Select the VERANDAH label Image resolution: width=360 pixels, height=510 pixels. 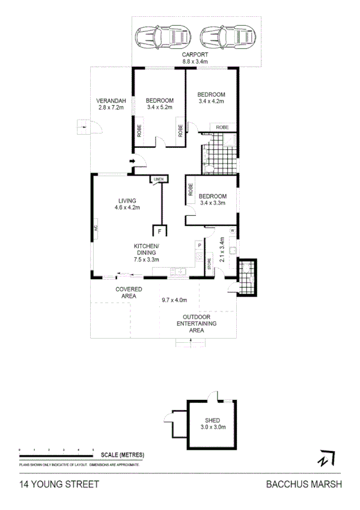pyautogui.click(x=111, y=100)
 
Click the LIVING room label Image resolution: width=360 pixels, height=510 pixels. pyautogui.click(x=127, y=201)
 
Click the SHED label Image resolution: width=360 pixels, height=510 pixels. pyautogui.click(x=212, y=420)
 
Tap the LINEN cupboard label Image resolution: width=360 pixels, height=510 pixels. pyautogui.click(x=159, y=180)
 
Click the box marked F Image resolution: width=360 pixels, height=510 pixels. pyautogui.click(x=160, y=231)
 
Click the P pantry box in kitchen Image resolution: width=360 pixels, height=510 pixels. pyautogui.click(x=198, y=245)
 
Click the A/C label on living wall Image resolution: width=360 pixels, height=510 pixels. pyautogui.click(x=95, y=229)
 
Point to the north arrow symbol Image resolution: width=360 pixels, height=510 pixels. pyautogui.click(x=326, y=458)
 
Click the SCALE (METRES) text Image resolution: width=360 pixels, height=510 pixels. pyautogui.click(x=123, y=454)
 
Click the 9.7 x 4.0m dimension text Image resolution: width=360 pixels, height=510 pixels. pyautogui.click(x=174, y=300)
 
